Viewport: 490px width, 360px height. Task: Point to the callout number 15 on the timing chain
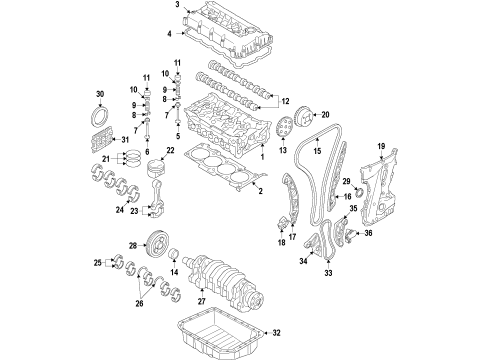315,152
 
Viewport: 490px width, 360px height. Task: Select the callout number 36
366,262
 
